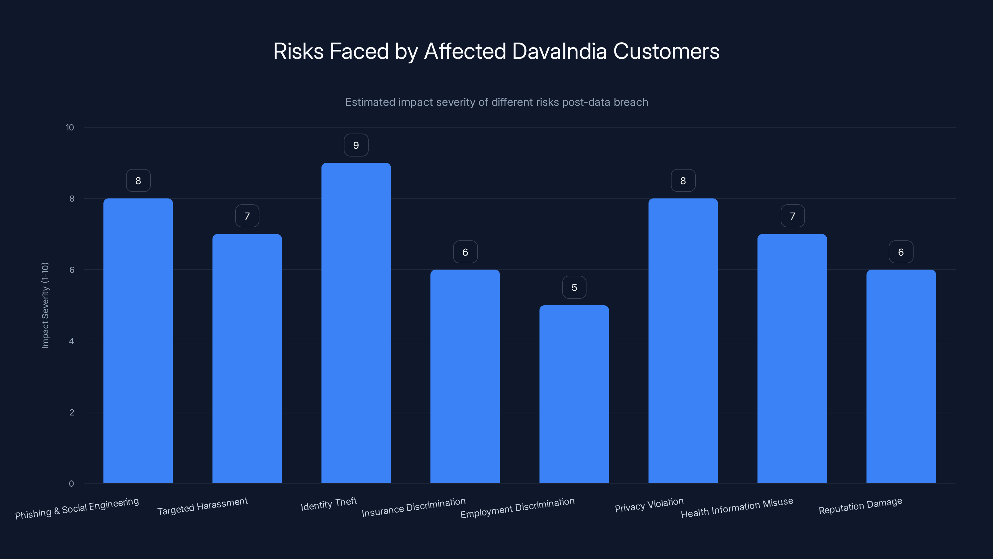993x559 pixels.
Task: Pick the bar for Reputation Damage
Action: click(x=901, y=376)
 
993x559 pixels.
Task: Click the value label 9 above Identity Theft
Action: click(x=356, y=145)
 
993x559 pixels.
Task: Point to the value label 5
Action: click(x=574, y=287)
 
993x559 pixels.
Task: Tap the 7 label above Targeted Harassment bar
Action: click(x=247, y=216)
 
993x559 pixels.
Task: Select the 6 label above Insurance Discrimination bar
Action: click(x=465, y=252)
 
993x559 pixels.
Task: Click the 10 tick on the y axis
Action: click(x=70, y=128)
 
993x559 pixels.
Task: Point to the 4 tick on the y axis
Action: click(x=71, y=341)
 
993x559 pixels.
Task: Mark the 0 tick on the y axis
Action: click(x=71, y=484)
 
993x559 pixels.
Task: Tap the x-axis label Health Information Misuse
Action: click(x=737, y=508)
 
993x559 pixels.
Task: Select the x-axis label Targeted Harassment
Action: click(x=202, y=506)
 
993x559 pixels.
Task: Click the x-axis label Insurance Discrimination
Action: click(x=413, y=507)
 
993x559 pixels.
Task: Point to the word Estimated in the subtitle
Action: click(x=370, y=102)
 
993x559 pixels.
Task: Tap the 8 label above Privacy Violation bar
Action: click(x=683, y=180)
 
